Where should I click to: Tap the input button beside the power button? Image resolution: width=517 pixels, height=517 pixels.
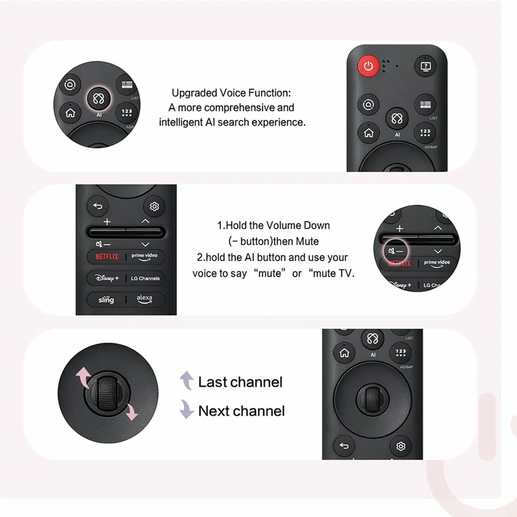[x=425, y=65]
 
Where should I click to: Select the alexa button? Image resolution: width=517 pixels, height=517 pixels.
[x=145, y=299]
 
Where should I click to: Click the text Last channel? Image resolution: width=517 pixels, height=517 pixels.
[x=240, y=382]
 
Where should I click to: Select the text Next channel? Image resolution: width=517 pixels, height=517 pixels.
[x=241, y=410]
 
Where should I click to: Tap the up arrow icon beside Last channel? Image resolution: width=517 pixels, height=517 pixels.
[x=187, y=381]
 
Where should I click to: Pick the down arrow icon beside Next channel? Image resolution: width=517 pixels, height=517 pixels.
[x=187, y=410]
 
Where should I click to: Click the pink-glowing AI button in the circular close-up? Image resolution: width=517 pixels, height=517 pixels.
[x=99, y=99]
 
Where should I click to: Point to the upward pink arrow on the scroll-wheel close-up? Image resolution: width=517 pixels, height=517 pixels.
[x=84, y=375]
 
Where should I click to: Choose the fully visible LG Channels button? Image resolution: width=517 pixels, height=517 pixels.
[x=145, y=278]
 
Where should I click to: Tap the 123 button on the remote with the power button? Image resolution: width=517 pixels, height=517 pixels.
[x=425, y=133]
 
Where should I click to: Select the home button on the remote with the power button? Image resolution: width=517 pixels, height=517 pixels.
[x=368, y=133]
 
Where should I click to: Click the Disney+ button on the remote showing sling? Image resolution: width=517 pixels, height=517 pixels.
[x=107, y=278]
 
